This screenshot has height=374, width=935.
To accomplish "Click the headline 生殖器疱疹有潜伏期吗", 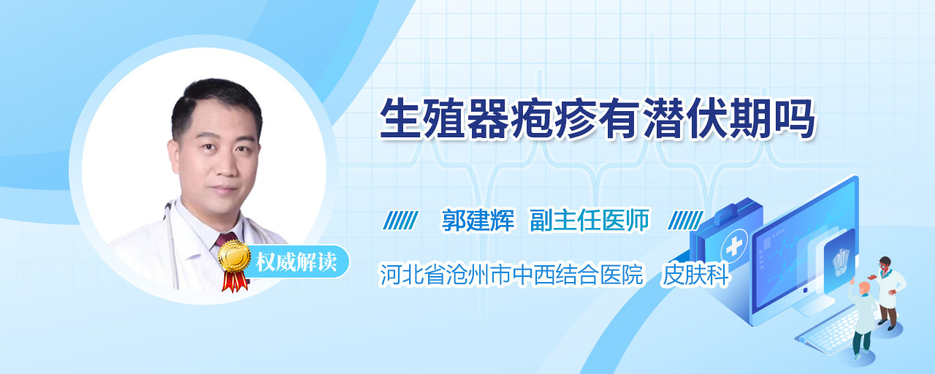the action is [597, 119].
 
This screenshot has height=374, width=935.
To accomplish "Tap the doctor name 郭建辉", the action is [478, 220].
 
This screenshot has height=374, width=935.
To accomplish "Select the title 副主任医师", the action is [589, 220].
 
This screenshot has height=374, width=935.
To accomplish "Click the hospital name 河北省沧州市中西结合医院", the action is [511, 275].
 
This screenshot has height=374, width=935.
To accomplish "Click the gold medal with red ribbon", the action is [234, 265].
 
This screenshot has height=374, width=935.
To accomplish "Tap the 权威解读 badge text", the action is [296, 262].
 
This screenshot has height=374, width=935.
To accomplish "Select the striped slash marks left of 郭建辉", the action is [400, 221].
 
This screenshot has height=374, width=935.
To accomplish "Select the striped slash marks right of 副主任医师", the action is [685, 221].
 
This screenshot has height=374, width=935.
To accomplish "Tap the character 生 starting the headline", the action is [400, 119].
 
